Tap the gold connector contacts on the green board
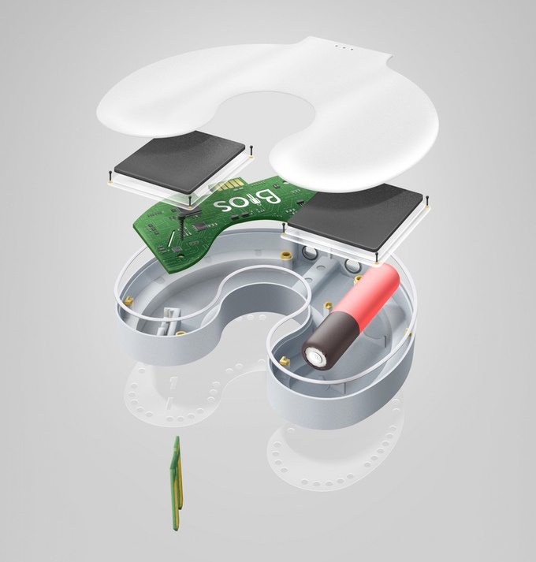(x=225, y=186)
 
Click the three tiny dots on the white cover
(x=344, y=47)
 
